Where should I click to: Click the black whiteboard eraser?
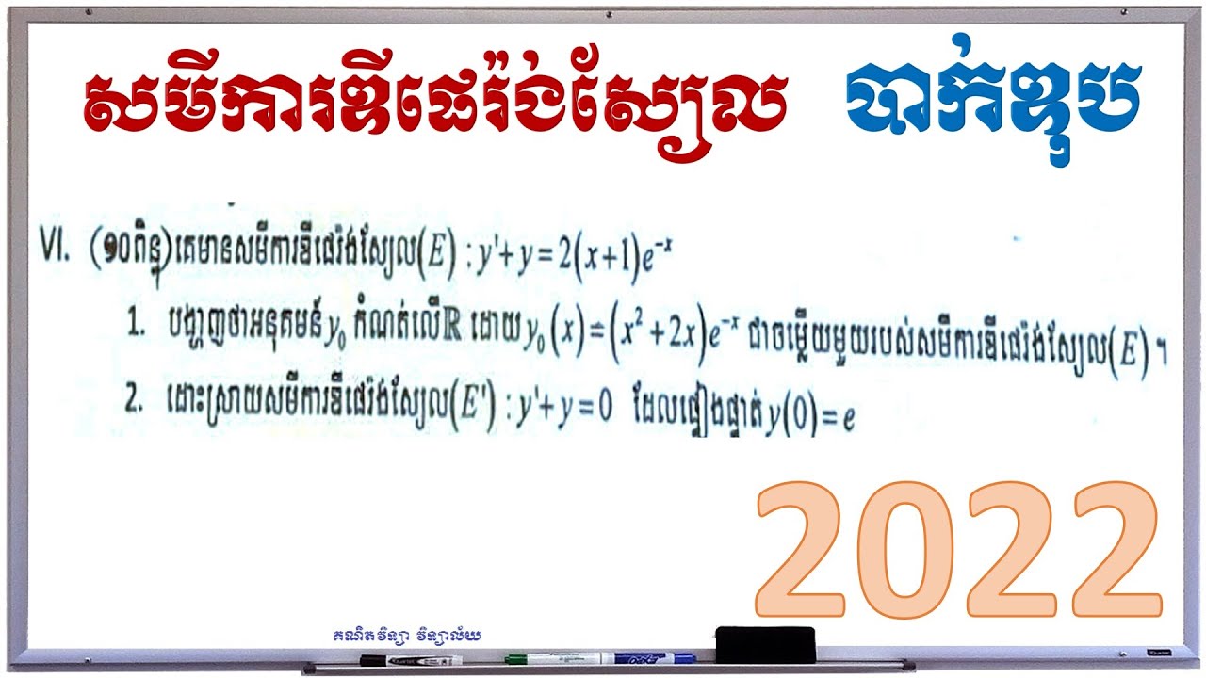[x=764, y=644]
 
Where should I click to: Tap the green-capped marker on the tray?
[x=546, y=658]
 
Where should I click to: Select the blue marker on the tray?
[x=650, y=657]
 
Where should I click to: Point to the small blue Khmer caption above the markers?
[x=407, y=636]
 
